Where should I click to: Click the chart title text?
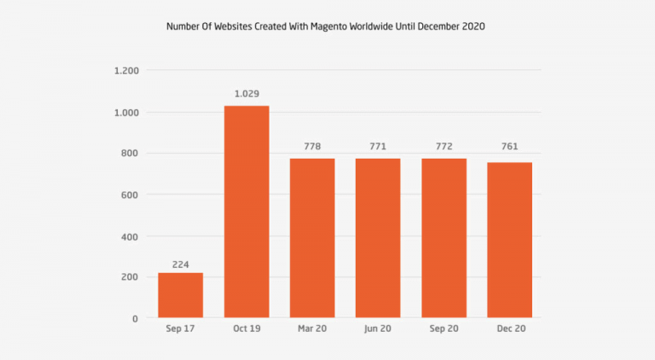pyautogui.click(x=327, y=26)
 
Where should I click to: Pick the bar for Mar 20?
pyautogui.click(x=312, y=238)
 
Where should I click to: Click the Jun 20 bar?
pyautogui.click(x=378, y=238)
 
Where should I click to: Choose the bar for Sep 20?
pyautogui.click(x=443, y=238)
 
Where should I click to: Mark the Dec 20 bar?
pyautogui.click(x=509, y=240)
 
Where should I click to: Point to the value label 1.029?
pyautogui.click(x=246, y=94)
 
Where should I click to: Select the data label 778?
pyautogui.click(x=312, y=147)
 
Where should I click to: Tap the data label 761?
pyautogui.click(x=509, y=147)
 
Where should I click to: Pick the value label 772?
pyautogui.click(x=443, y=147)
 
